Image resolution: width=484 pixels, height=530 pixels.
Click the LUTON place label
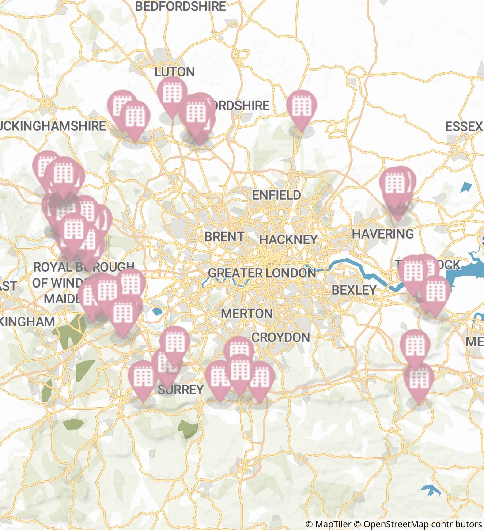tap(174, 72)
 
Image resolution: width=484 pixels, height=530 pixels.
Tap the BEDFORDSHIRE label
tap(180, 6)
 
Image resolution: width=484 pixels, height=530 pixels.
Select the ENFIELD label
tap(276, 195)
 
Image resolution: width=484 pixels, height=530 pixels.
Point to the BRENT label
tap(224, 237)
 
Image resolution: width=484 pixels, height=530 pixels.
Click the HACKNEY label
tap(288, 239)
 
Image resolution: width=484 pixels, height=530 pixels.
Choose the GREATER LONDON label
tap(262, 273)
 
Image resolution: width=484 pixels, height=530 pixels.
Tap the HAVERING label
tap(382, 234)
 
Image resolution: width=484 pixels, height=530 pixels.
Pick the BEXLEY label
tap(354, 290)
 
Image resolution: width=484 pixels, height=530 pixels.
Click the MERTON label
tap(246, 314)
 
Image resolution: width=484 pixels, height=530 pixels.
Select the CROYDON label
tap(280, 337)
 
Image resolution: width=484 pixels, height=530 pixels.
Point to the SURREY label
tap(181, 390)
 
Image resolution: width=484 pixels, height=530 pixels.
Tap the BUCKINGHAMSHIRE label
tap(53, 126)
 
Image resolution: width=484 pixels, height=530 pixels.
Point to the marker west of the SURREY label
tap(143, 378)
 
